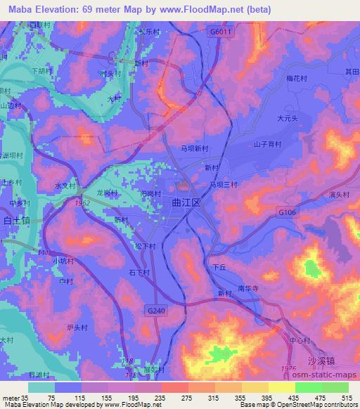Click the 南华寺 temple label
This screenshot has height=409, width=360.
pos(250,289)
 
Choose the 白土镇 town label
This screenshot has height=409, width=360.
pos(15,220)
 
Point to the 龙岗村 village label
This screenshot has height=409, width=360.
pos(106,192)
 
